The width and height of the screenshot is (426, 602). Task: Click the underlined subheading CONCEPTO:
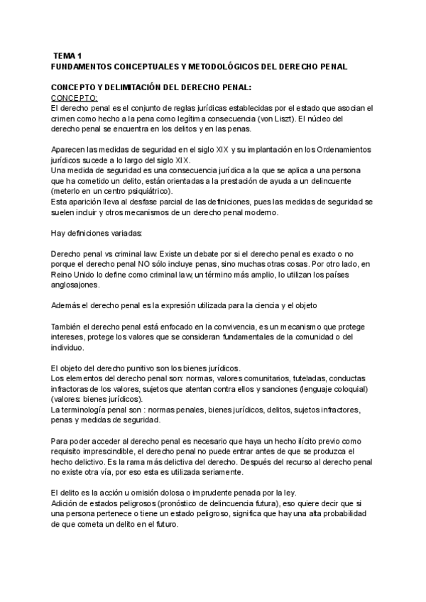[75, 97]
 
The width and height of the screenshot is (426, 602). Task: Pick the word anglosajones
[77, 285]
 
